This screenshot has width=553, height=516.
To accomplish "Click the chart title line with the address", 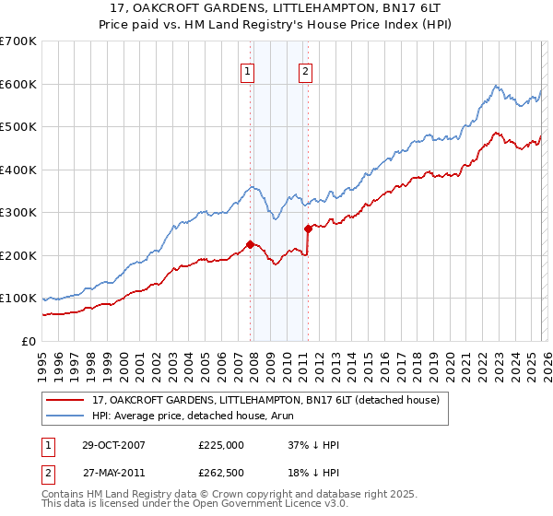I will tap(276, 8).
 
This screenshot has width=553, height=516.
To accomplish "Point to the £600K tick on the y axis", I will tap(18, 84).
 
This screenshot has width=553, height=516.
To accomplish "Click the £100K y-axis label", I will tap(18, 299).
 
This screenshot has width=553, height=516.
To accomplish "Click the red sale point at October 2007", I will tap(250, 244).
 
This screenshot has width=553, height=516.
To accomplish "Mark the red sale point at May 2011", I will tap(308, 229).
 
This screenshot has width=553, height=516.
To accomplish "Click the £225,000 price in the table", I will tap(221, 445).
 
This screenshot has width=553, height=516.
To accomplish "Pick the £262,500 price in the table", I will tap(221, 473).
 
